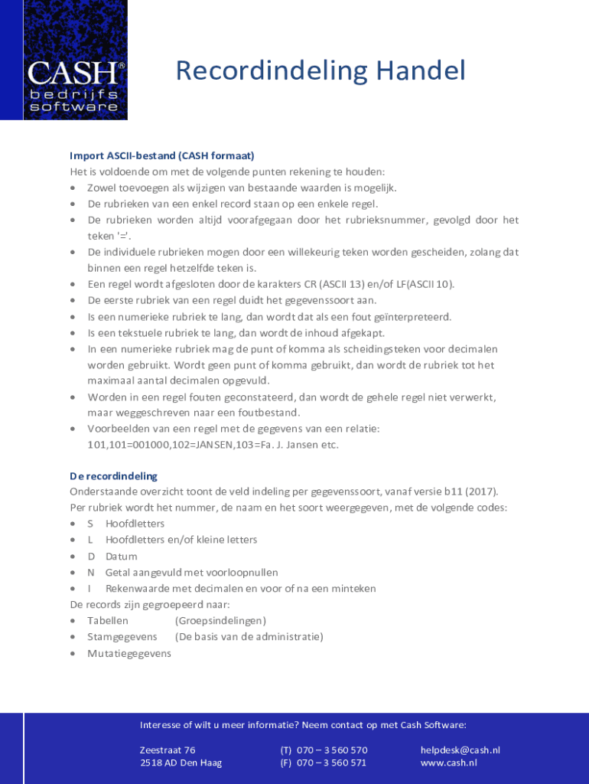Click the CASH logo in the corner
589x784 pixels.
point(74,60)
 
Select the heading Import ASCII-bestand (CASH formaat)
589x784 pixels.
point(162,155)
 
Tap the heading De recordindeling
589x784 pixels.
point(113,476)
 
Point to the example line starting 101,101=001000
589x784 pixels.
point(213,445)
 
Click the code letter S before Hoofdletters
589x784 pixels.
point(90,524)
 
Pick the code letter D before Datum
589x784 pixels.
point(90,557)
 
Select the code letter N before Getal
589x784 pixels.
point(90,573)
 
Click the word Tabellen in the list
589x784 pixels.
point(108,621)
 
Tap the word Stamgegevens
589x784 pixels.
point(122,637)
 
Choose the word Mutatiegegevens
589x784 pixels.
point(129,654)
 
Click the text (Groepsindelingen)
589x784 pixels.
point(220,621)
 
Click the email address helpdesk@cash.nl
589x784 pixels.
point(460,750)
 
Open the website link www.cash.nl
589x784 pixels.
point(448,763)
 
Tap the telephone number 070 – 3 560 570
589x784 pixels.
point(332,750)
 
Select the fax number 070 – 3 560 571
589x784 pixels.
point(331,763)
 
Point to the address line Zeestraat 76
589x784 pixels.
point(168,750)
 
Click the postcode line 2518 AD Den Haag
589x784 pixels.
point(181,763)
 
